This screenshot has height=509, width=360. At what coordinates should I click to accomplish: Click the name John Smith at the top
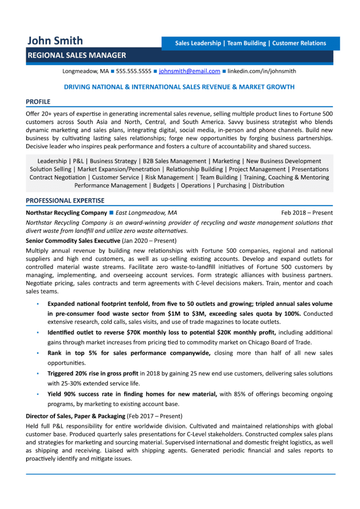click(54, 41)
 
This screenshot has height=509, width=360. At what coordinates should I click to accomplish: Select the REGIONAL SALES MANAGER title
click(76, 55)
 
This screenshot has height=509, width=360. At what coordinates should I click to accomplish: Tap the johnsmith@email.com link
click(189, 71)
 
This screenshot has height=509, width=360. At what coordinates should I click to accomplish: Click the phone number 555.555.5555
click(134, 71)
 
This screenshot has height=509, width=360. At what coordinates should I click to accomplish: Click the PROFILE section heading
click(38, 101)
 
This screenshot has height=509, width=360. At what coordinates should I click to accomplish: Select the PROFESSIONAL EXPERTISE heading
click(65, 200)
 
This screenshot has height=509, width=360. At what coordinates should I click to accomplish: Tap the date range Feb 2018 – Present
click(307, 213)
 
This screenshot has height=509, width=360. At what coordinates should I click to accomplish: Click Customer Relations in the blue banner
click(299, 43)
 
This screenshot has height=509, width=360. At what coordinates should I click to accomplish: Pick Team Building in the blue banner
click(247, 43)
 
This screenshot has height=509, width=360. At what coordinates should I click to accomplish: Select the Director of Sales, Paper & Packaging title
click(75, 416)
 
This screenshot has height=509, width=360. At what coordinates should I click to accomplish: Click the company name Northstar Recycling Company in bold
click(66, 213)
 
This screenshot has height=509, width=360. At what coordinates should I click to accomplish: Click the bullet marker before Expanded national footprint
click(37, 304)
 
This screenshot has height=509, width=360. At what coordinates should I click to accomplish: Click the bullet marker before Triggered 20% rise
click(37, 374)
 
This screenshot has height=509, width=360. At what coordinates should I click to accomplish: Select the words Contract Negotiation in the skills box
click(58, 177)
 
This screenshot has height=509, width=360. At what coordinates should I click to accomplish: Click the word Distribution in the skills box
click(268, 185)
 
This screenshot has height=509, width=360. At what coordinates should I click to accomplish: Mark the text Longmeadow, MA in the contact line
click(85, 71)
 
